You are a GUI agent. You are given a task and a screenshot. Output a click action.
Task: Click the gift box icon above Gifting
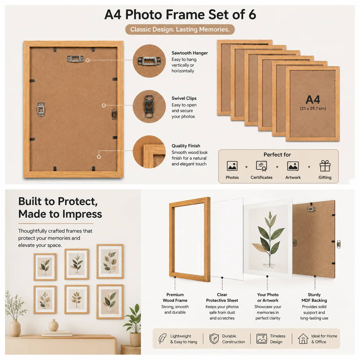coord(325,166)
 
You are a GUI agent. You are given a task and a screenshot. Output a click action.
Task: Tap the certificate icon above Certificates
coord(261,166)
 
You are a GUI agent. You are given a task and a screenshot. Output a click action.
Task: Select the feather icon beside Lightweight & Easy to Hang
coord(162,338)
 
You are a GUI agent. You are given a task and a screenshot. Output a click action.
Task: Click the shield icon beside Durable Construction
coord(214,338)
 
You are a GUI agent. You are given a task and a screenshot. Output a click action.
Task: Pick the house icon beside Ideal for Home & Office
coord(303,338)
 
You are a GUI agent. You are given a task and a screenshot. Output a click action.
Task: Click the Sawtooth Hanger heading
coord(189,53)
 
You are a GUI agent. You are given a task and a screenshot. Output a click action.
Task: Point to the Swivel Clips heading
coord(184,98)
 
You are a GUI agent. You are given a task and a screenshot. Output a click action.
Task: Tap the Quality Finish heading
coord(186,146)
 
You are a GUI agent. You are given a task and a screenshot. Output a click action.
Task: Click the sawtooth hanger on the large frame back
coord(75,59)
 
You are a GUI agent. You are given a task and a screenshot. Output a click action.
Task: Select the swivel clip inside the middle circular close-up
coord(149,106)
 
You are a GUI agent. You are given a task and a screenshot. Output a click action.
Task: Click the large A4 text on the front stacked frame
coord(313,99)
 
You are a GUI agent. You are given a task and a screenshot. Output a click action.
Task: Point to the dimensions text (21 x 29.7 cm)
coord(313,108)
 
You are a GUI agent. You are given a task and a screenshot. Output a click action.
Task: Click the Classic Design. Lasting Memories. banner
coord(179,29)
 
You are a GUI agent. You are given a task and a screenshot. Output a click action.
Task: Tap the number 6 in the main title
coord(252,14)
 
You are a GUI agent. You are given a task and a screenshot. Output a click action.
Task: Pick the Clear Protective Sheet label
coord(222,297)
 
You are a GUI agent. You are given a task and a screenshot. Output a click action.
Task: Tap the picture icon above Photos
coord(232,166)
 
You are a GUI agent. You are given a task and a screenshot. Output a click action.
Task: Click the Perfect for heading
coord(277,154)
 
